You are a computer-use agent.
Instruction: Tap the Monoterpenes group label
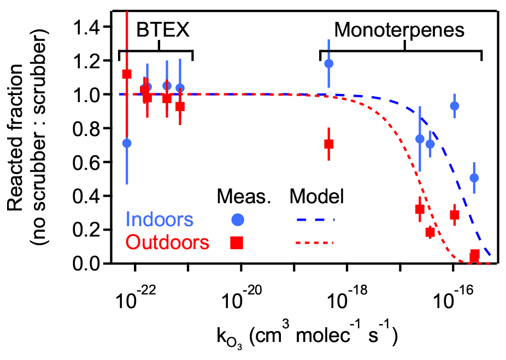pos(399,29)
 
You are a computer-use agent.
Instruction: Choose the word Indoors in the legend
pos(159,220)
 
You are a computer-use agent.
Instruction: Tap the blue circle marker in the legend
pos(238,220)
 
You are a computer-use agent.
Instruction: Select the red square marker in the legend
pos(237,242)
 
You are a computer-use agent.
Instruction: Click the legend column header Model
pos(316,197)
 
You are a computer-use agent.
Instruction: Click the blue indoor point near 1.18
pos(328,63)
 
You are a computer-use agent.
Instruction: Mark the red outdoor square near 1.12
pos(127,74)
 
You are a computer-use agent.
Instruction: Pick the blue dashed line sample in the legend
pos(315,220)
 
